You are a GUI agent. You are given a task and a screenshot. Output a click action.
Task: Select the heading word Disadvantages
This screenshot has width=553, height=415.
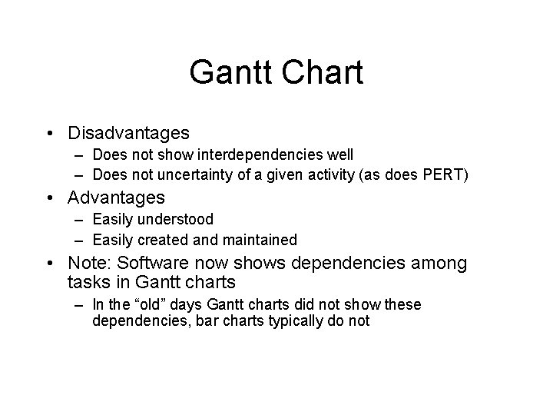tap(128, 133)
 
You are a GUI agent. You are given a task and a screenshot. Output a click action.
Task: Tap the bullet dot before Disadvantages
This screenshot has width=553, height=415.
tap(50, 133)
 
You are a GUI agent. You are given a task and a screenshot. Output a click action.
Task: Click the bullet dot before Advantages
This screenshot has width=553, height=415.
tap(50, 198)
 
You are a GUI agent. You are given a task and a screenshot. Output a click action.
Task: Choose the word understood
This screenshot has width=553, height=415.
tap(177, 220)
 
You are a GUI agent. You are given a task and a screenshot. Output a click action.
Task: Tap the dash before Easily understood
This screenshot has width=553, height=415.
tap(81, 220)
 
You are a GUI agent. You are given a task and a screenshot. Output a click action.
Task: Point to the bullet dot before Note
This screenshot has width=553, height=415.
tap(50, 264)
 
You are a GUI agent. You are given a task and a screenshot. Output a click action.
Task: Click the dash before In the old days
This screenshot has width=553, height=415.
tap(81, 305)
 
